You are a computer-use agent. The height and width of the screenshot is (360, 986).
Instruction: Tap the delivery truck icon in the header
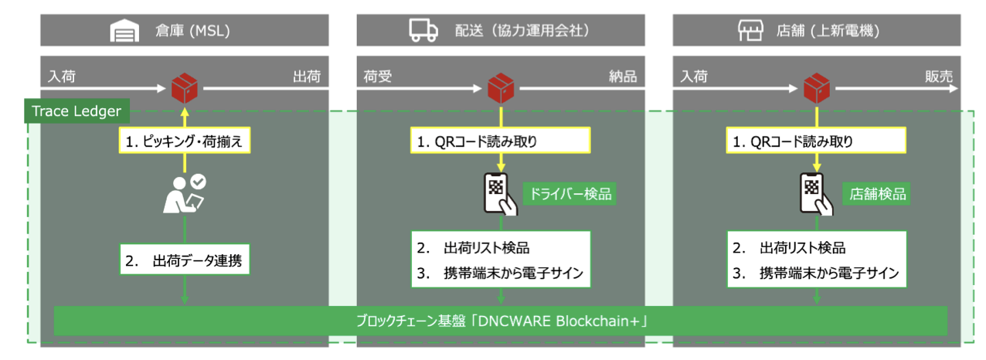(x=421, y=31)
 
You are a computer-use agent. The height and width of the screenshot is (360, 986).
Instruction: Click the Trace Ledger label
(x=76, y=111)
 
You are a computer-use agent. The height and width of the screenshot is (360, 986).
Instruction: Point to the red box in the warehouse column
(x=185, y=87)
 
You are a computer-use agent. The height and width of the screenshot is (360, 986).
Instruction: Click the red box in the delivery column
(x=501, y=87)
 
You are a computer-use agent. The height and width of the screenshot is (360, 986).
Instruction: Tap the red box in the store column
(x=818, y=87)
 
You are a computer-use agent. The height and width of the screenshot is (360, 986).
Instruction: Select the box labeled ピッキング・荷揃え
(x=184, y=141)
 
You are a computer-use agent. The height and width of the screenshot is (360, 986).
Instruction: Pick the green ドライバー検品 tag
(x=569, y=193)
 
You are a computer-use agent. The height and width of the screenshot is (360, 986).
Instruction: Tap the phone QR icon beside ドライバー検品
(x=499, y=193)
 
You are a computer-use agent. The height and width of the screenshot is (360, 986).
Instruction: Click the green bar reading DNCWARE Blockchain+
(x=501, y=321)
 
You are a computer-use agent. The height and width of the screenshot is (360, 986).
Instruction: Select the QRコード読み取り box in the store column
(x=817, y=141)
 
